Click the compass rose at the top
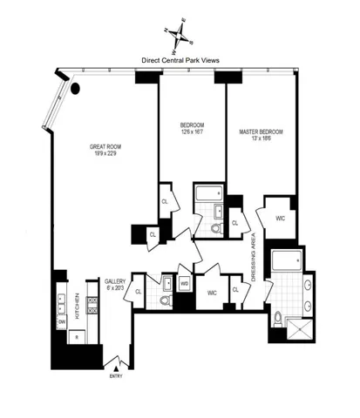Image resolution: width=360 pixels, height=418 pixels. click(x=179, y=33)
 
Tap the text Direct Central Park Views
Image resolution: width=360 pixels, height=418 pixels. click(x=180, y=61)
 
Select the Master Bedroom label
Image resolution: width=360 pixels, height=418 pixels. click(x=261, y=135)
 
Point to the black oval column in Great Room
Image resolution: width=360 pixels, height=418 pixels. click(x=77, y=87)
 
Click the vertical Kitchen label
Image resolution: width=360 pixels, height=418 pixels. click(x=76, y=303)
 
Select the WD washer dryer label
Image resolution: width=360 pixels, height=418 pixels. click(x=185, y=284)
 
